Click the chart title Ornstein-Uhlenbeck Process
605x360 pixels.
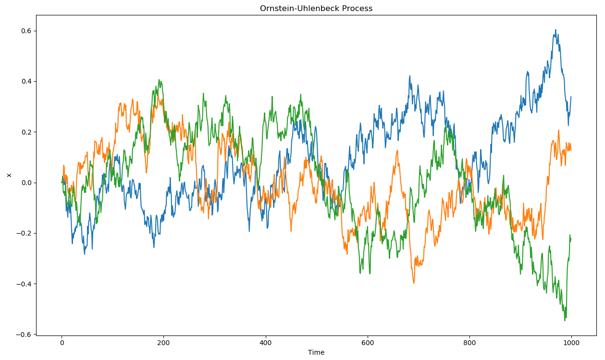(316, 8)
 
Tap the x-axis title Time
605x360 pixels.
(316, 352)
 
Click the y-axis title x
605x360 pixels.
(8, 175)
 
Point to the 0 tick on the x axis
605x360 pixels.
(62, 343)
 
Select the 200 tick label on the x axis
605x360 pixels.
(163, 343)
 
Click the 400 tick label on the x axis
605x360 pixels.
(266, 343)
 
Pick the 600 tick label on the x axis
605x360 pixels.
(368, 343)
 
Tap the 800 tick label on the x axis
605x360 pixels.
(469, 343)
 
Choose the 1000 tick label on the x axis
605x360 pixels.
(571, 343)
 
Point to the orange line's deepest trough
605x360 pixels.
(414, 283)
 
